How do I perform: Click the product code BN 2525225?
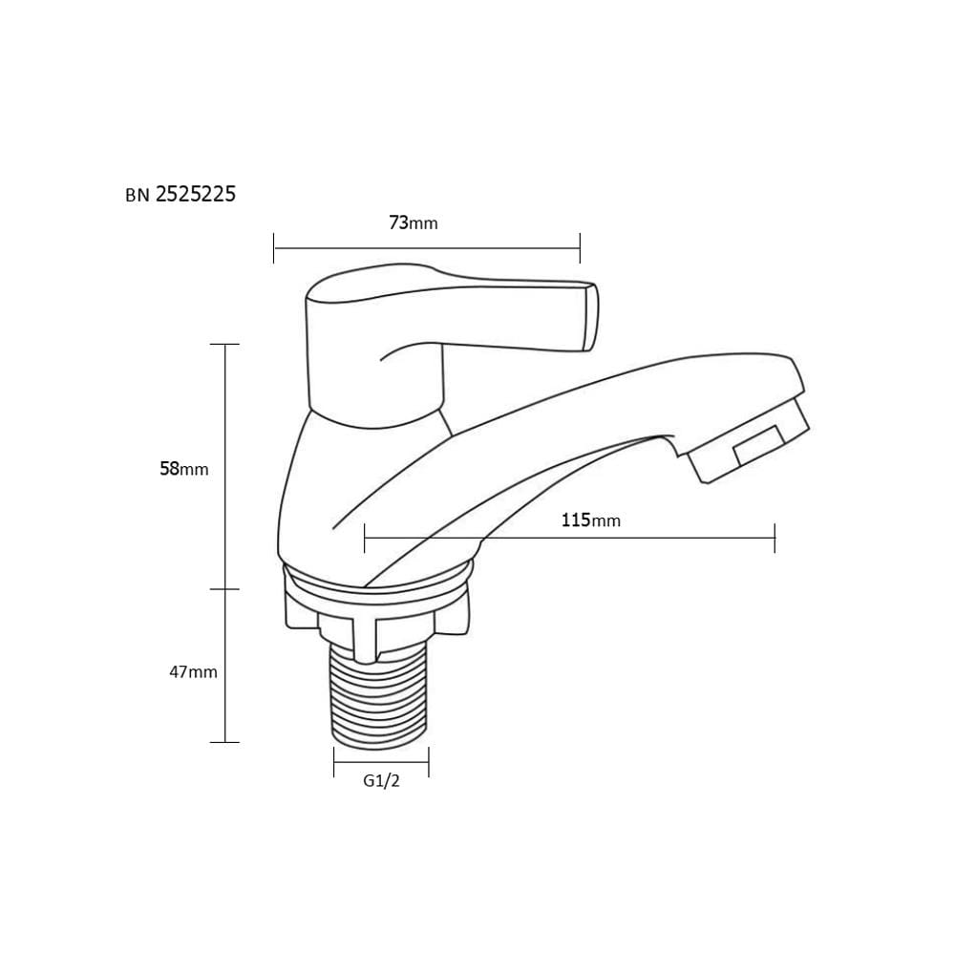click(180, 194)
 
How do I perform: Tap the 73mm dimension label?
click(414, 223)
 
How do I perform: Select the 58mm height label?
click(184, 468)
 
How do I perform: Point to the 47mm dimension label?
click(193, 671)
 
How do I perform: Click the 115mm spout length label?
click(591, 520)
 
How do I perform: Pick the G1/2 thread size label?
click(381, 781)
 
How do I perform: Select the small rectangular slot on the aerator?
click(758, 445)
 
